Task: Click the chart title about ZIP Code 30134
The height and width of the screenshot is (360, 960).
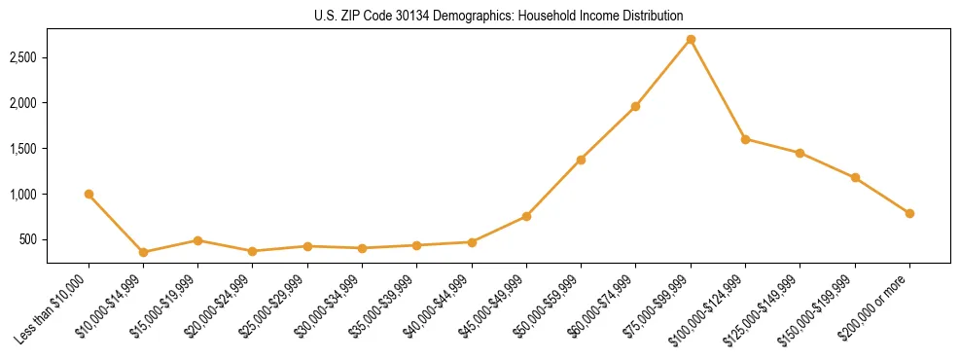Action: pyautogui.click(x=480, y=16)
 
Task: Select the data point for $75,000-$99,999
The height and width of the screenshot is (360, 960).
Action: pyautogui.click(x=691, y=40)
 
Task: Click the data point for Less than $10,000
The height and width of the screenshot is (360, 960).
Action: pyautogui.click(x=89, y=194)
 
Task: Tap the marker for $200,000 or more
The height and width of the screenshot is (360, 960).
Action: pyautogui.click(x=909, y=213)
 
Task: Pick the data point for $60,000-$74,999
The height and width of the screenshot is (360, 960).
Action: pyautogui.click(x=635, y=106)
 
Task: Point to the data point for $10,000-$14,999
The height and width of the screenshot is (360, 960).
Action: pyautogui.click(x=143, y=252)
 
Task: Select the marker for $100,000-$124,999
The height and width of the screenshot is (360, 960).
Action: pyautogui.click(x=745, y=139)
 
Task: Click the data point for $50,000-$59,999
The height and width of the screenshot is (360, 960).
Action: pyautogui.click(x=581, y=160)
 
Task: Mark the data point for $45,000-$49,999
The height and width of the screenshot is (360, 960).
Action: pyautogui.click(x=526, y=216)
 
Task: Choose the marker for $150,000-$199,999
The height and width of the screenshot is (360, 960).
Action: pyautogui.click(x=855, y=177)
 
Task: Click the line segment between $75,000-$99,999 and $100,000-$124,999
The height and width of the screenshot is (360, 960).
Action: pyautogui.click(x=718, y=90)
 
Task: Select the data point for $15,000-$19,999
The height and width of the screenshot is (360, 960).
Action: pyautogui.click(x=197, y=240)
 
